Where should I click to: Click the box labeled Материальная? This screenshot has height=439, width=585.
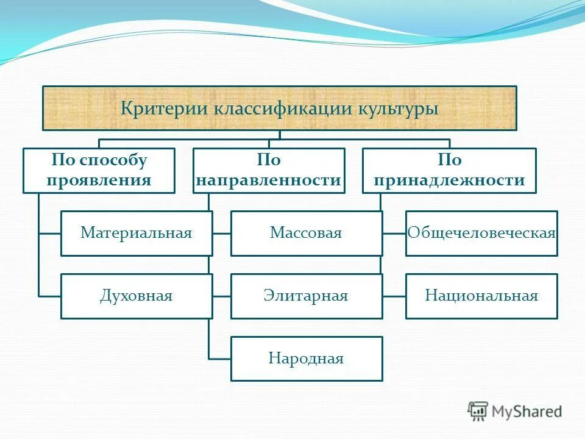click(x=136, y=233)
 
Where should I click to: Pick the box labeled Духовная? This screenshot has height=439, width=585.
click(x=136, y=296)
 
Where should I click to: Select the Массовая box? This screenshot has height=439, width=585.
click(x=307, y=233)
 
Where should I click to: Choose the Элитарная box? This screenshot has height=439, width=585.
click(x=307, y=296)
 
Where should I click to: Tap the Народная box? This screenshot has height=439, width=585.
click(x=307, y=359)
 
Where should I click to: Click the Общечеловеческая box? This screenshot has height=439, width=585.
click(x=481, y=233)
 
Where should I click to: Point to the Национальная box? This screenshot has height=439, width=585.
click(x=481, y=296)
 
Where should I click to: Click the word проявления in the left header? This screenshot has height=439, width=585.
click(x=99, y=180)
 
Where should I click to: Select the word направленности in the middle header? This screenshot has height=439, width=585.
click(x=269, y=180)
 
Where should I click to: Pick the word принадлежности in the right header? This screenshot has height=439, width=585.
click(x=450, y=180)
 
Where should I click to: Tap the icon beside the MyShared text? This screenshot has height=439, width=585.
click(x=478, y=412)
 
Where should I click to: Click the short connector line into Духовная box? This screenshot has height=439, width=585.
click(x=49, y=296)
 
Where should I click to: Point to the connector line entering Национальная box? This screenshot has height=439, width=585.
click(x=394, y=296)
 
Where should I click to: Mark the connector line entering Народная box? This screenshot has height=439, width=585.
click(x=219, y=359)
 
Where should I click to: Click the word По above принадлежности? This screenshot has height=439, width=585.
click(x=450, y=160)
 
